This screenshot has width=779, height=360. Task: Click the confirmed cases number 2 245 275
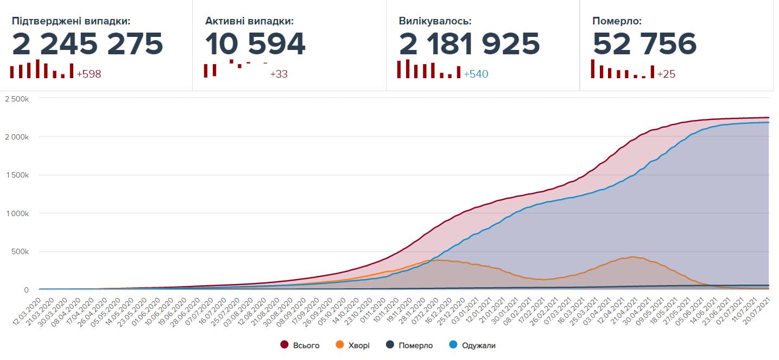pyautogui.click(x=87, y=44)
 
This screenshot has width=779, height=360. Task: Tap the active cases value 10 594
pyautogui.click(x=255, y=44)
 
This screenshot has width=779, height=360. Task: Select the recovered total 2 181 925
pyautogui.click(x=470, y=44)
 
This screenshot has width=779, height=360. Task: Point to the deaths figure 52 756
pyautogui.click(x=644, y=44)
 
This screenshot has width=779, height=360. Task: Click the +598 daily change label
pyautogui.click(x=89, y=74)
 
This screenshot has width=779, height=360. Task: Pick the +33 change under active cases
pyautogui.click(x=279, y=74)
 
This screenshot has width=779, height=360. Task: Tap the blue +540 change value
pyautogui.click(x=476, y=74)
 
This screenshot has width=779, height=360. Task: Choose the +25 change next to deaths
pyautogui.click(x=666, y=74)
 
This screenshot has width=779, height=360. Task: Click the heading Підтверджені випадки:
pyautogui.click(x=71, y=21)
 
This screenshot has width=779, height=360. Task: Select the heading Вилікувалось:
pyautogui.click(x=435, y=21)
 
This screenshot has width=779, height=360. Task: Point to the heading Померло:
pyautogui.click(x=617, y=21)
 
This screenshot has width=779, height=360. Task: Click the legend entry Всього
pyautogui.click(x=306, y=345)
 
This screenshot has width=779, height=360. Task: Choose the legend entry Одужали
pyautogui.click(x=479, y=345)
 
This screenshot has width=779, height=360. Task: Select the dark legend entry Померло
pyautogui.click(x=415, y=345)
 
